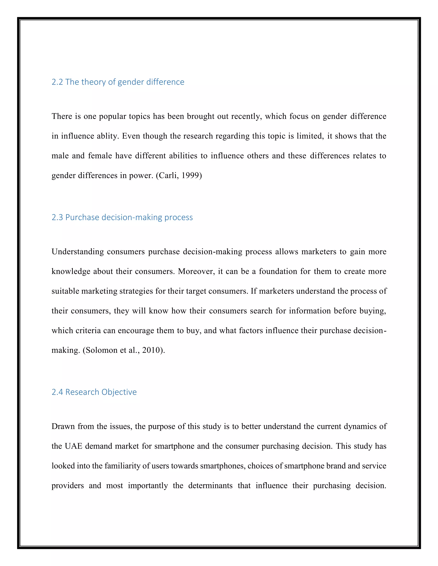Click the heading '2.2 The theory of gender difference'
(118, 82)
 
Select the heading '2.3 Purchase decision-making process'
(122, 217)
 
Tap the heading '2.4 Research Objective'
(94, 392)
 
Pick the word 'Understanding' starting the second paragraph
(77, 252)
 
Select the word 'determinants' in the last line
(210, 485)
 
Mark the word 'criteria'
(88, 330)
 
